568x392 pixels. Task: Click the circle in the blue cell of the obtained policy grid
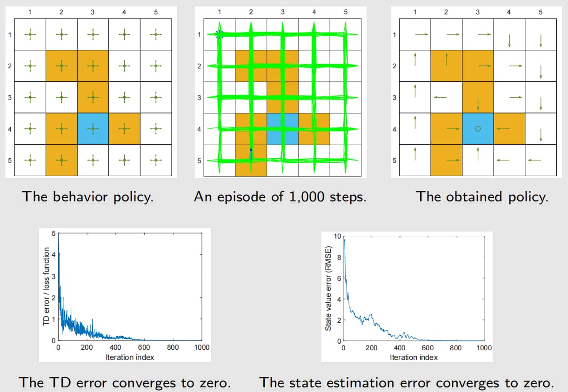click(478, 129)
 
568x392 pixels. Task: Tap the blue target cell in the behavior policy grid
click(93, 129)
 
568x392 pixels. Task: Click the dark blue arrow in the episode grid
click(251, 154)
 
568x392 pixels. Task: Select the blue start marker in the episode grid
click(220, 34)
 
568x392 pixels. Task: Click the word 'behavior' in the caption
click(80, 197)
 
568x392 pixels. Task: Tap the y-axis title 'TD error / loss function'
click(46, 286)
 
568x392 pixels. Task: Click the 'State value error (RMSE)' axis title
click(328, 288)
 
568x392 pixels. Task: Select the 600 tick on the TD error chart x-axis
click(144, 347)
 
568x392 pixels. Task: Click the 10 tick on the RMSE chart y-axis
click(337, 236)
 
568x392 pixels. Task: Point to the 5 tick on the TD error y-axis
click(53, 233)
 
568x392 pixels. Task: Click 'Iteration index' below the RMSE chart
click(414, 357)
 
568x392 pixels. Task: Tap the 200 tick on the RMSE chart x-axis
click(372, 348)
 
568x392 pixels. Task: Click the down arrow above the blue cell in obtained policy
click(478, 103)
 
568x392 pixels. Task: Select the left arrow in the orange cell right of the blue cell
click(503, 129)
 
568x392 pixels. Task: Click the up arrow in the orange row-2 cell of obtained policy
click(446, 60)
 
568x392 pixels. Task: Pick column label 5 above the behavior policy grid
click(156, 12)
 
